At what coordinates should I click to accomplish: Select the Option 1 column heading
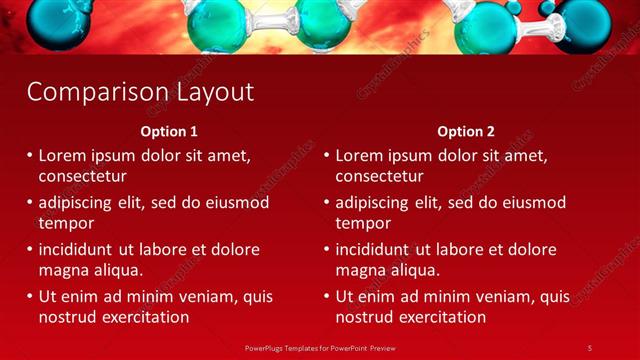[x=169, y=131]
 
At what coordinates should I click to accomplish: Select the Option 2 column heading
[x=466, y=131]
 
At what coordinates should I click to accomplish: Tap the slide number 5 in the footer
[x=590, y=347]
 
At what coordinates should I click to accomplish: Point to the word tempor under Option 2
[x=362, y=224]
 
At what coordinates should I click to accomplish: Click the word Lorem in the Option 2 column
[x=359, y=156]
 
